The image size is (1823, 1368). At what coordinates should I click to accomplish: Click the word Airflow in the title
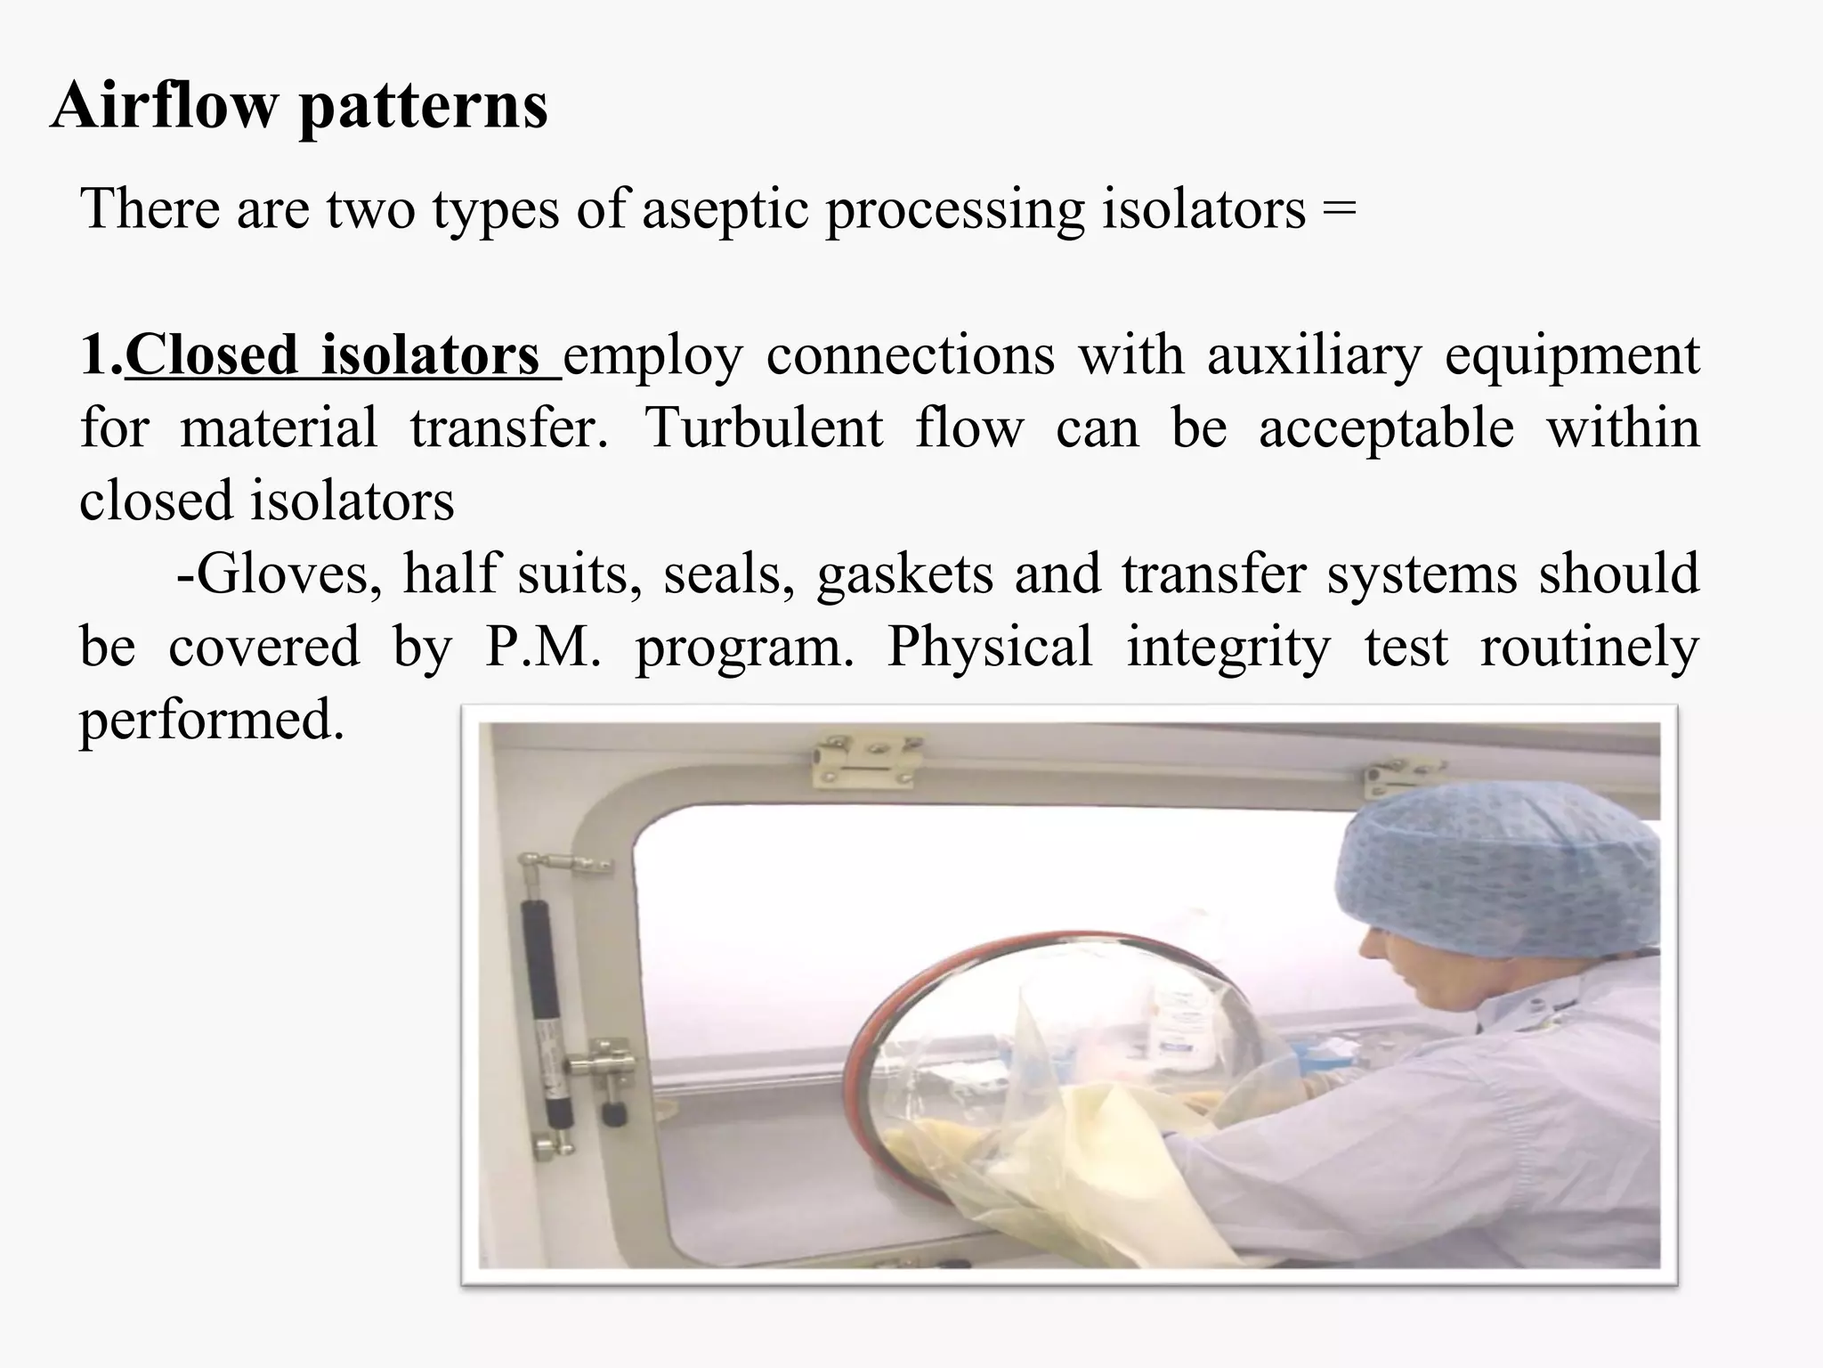[164, 106]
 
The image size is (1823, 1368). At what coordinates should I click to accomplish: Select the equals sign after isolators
[1339, 210]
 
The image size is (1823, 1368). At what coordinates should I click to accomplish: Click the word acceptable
[1386, 428]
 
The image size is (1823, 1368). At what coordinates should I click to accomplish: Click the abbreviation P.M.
[543, 647]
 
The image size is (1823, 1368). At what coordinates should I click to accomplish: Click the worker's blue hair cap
[1496, 873]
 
